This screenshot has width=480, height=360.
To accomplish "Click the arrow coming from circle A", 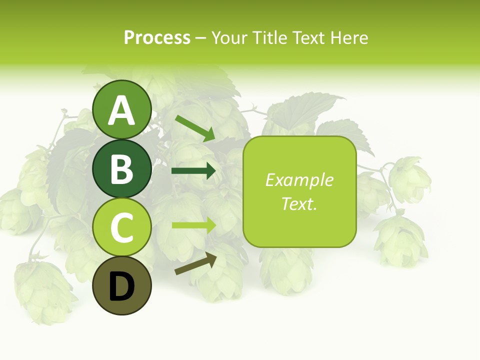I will pos(195,128).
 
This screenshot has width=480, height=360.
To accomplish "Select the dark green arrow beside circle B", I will pos(193,171).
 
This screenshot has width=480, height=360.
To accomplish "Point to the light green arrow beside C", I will pos(193,225).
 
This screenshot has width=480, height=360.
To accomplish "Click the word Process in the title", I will pos(157,37).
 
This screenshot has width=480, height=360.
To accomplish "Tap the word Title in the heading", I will pos(269,37).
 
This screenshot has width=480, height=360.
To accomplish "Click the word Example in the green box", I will pos(299,180).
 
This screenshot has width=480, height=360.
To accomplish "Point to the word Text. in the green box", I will pos(299,203).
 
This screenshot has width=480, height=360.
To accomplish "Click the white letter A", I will pos(121,111).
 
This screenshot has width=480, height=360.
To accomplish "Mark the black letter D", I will pos(121,287).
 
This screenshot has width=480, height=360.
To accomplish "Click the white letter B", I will pos(121,169).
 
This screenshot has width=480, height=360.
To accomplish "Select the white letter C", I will pos(121,228).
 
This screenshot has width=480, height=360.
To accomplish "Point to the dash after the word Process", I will pos(200,38).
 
